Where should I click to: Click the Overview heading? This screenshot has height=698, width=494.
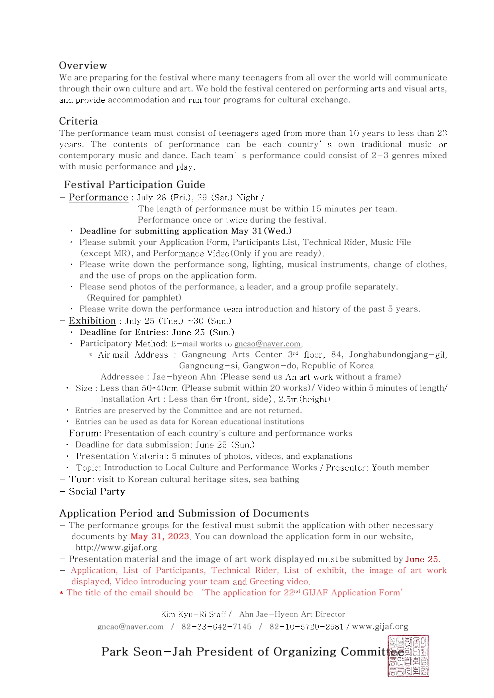pyautogui.click(x=83, y=66)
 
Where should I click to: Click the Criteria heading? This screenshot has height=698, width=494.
pyautogui.click(x=78, y=121)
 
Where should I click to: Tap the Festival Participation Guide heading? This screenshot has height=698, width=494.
pyautogui.click(x=135, y=185)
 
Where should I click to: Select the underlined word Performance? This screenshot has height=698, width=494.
pyautogui.click(x=98, y=197)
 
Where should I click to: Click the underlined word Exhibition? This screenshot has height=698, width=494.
pyautogui.click(x=92, y=321)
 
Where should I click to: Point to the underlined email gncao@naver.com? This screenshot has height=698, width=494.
pyautogui.click(x=267, y=344)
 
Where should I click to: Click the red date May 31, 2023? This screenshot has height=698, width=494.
pyautogui.click(x=160, y=536)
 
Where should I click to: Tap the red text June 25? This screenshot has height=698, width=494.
pyautogui.click(x=422, y=559)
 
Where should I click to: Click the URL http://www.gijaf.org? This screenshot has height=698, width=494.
pyautogui.click(x=116, y=547)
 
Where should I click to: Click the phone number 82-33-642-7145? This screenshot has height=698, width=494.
pyautogui.click(x=216, y=627)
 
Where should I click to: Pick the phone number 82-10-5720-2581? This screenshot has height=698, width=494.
pyautogui.click(x=306, y=627)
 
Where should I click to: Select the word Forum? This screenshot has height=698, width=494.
pyautogui.click(x=84, y=433)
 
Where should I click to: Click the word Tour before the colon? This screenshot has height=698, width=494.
pyautogui.click(x=81, y=479)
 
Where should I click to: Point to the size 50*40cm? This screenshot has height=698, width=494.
pyautogui.click(x=160, y=388)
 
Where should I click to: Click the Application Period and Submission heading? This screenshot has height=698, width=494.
pyautogui.click(x=184, y=513)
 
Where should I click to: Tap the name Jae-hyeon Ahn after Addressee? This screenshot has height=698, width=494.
pyautogui.click(x=184, y=377)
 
